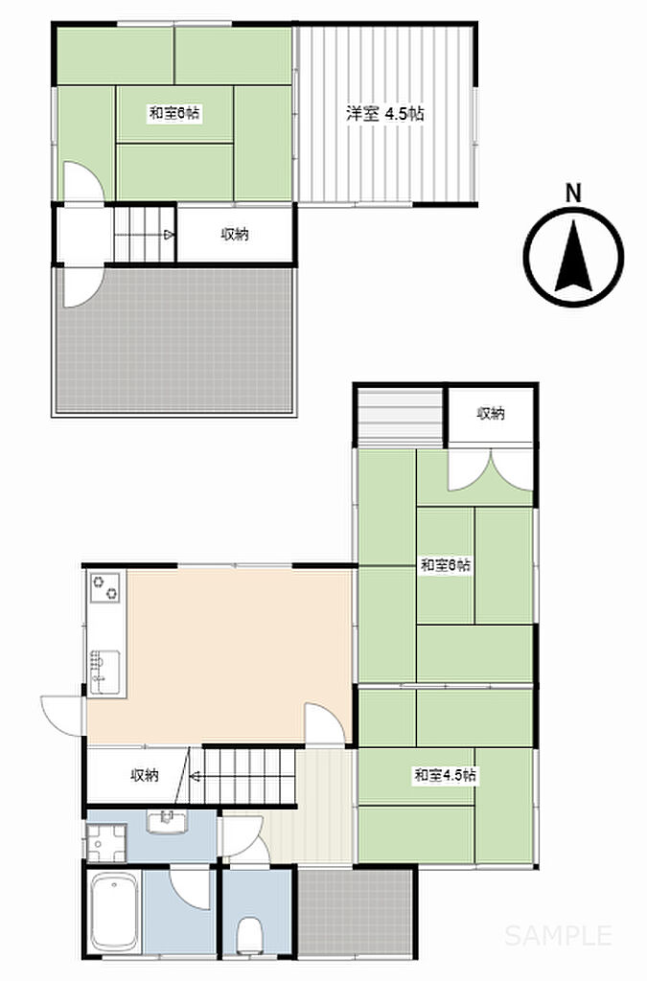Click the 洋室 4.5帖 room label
385,114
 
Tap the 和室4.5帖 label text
444,776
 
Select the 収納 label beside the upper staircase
235,234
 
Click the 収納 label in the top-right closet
491,413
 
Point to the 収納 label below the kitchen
145,775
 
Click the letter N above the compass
573,193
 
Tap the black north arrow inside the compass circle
574,258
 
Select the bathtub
114,912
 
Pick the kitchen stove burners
106,586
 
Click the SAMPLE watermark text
558,935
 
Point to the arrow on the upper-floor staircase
169,236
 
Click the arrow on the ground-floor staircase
196,777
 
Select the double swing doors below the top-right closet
491,469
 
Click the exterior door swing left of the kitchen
62,716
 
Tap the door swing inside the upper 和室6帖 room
83,181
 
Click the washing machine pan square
105,843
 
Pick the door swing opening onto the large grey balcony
83,287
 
